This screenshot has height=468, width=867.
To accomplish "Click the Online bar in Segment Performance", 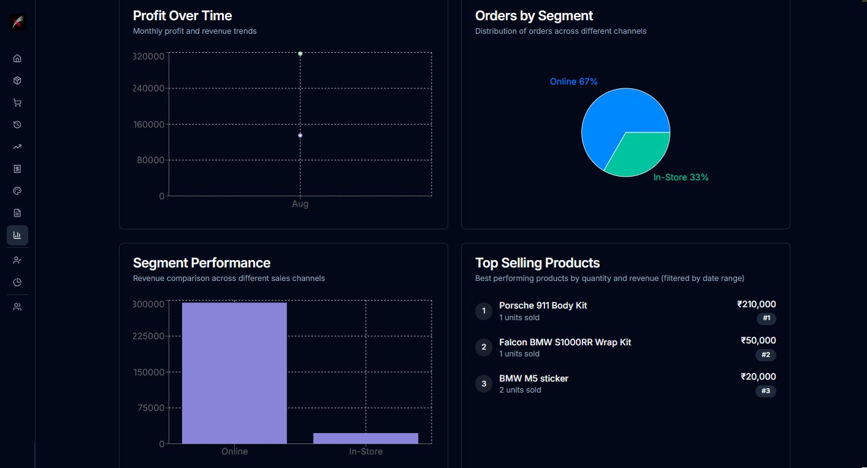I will coord(234,373).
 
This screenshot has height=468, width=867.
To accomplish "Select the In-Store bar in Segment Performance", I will coord(365,438).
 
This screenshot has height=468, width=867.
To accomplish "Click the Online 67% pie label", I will coord(573,82).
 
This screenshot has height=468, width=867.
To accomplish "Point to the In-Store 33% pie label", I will coord(681,177).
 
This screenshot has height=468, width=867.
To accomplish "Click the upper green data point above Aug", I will coord(300,54).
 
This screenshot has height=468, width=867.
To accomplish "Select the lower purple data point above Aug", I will coord(300,135).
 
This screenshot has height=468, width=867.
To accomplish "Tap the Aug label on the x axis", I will coord(300,204).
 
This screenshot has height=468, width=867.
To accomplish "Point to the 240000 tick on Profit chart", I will coord(148,88).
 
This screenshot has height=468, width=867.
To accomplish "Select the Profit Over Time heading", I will coord(182,15).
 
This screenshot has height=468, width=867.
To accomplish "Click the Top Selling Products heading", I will coord(537,263).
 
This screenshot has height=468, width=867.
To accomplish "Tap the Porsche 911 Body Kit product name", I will coord(543,305).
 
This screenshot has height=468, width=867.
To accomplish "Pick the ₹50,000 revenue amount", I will coord(758,340).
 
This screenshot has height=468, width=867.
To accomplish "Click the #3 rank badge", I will coord(765,391).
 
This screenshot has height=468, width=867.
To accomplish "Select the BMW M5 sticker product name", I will coord(533,378).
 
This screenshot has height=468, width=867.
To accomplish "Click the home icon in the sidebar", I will coord(17,58).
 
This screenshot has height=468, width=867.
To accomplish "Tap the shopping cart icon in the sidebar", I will coord(17,102).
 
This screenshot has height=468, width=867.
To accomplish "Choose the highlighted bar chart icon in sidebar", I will coord(17,235).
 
